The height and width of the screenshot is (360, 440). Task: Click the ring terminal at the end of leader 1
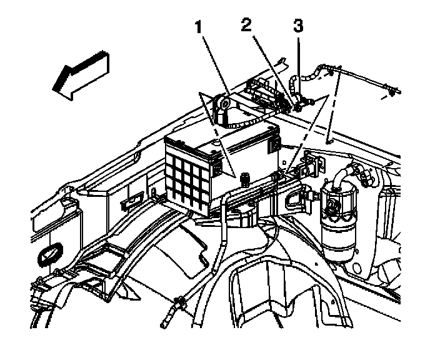coord(221,104)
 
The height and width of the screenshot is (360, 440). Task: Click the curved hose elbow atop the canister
coord(342,174)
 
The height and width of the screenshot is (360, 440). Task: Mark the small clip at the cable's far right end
coord(391,92)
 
